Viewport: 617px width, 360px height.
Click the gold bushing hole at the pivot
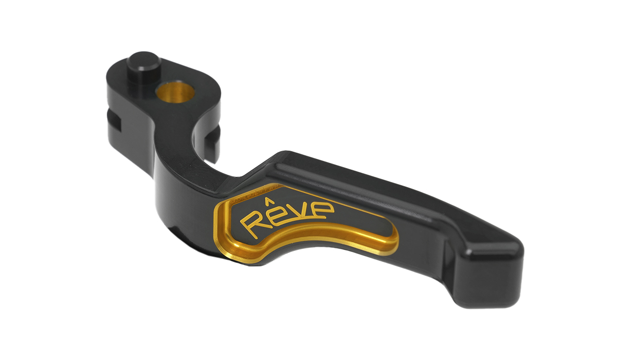pos(175,93)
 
